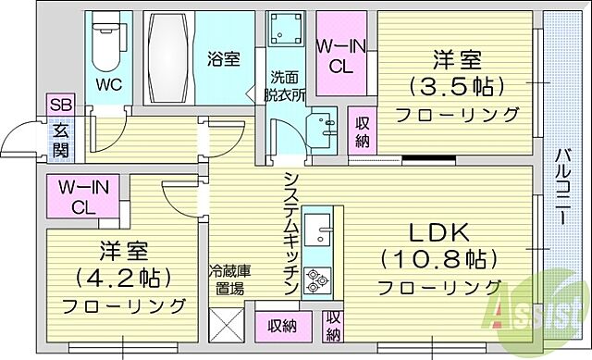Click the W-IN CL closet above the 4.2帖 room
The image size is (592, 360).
click(83, 196)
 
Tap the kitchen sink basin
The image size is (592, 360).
click(318, 228)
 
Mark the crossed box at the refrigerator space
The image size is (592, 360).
click(227, 326)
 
